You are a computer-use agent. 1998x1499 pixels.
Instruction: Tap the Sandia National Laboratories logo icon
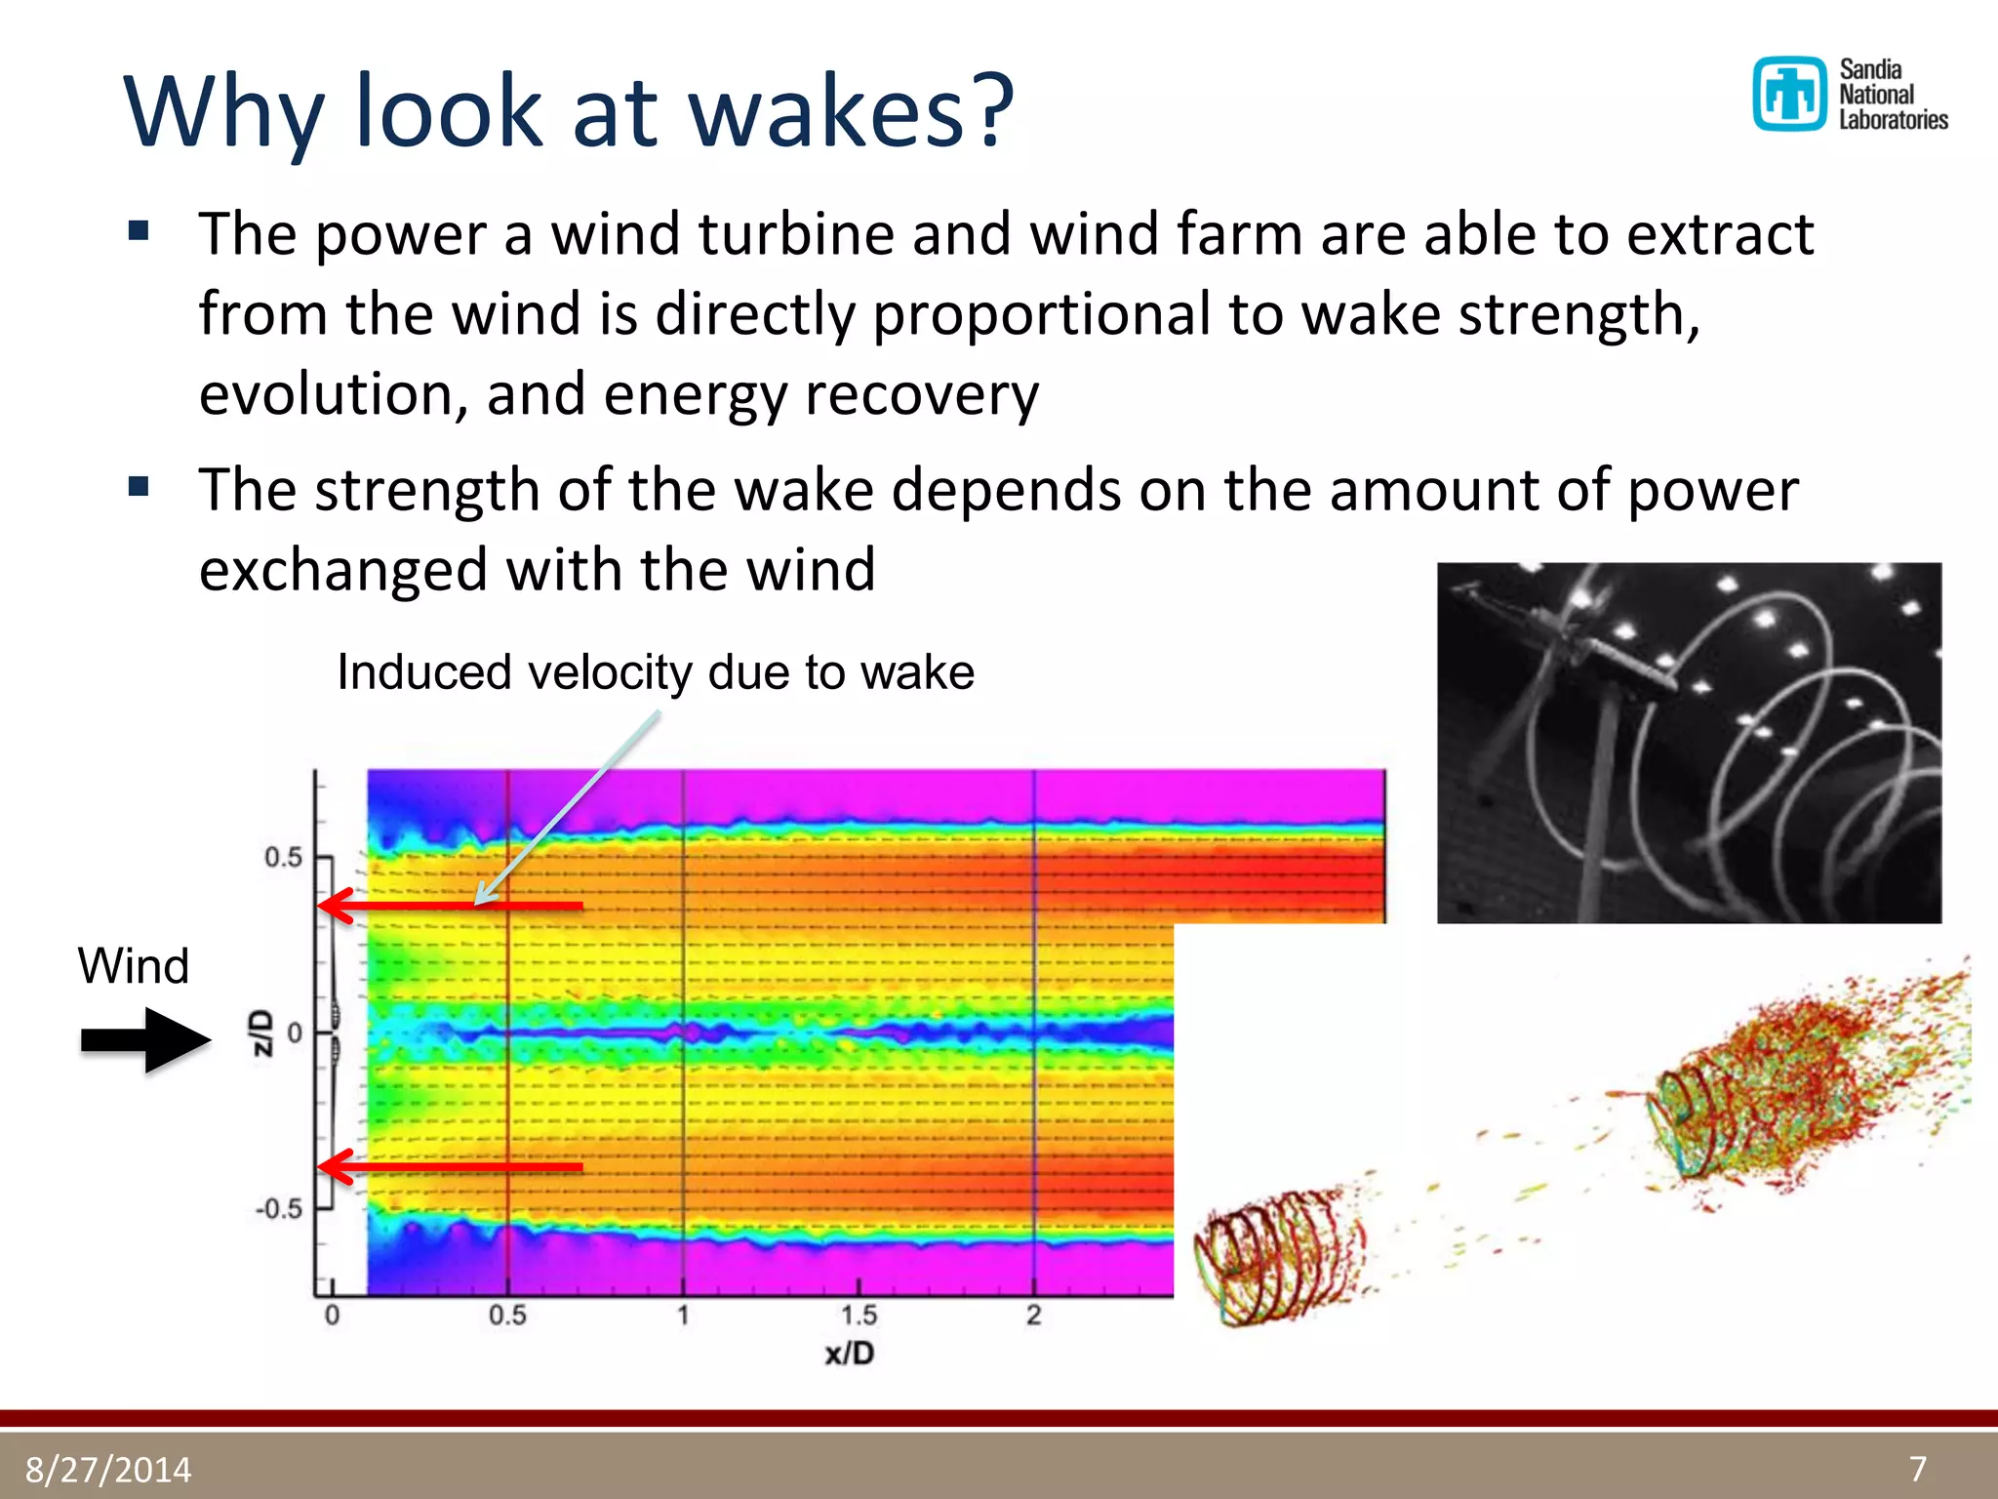pos(1789,94)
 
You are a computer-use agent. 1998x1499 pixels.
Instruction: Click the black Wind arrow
pos(146,1040)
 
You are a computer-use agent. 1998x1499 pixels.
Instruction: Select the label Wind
pos(134,966)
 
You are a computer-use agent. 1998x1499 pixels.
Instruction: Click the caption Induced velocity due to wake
pos(656,672)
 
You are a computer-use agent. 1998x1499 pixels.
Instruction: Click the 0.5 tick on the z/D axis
pos(283,858)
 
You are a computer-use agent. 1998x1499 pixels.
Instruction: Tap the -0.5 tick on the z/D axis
pos(279,1209)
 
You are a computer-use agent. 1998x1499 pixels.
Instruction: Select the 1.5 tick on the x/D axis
pos(859,1316)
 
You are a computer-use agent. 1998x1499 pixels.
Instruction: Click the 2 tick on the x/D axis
pos(1034,1316)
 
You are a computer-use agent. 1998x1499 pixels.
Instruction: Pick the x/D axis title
pos(850,1354)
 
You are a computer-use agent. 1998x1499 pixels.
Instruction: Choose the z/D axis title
pos(261,1033)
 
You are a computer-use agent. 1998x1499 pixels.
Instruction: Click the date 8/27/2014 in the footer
pos(108,1470)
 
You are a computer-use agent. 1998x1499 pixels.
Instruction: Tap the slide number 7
pos(1918,1469)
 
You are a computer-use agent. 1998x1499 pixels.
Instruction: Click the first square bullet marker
pos(139,231)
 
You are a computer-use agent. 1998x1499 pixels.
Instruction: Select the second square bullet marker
pos(139,486)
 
